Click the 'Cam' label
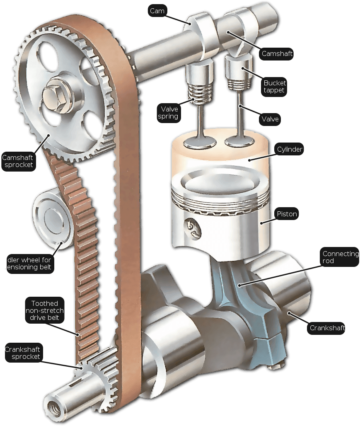(x=157, y=11)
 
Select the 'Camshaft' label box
(x=277, y=53)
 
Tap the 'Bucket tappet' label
(x=274, y=86)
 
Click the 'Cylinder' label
(x=289, y=149)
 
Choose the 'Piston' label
(x=287, y=214)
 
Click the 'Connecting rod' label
(x=340, y=257)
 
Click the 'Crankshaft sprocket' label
(x=23, y=353)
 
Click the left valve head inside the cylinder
(x=200, y=141)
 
